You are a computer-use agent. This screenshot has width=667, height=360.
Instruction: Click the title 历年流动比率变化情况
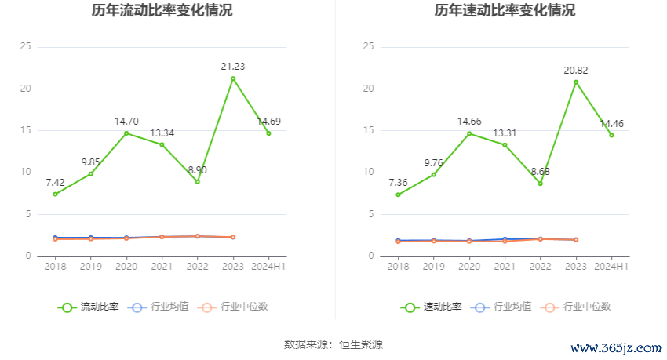(x=162, y=11)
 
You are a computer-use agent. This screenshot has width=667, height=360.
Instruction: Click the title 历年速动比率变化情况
(x=505, y=11)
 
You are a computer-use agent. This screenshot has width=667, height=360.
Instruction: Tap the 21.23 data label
(x=233, y=67)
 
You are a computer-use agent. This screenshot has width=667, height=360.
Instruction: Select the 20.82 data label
(x=576, y=70)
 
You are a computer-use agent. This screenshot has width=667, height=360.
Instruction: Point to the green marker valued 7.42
(x=55, y=194)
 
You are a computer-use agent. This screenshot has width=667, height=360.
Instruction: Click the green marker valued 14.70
(x=126, y=133)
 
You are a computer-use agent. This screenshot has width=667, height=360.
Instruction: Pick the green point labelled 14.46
(x=611, y=135)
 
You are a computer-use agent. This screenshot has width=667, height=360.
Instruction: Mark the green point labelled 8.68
(x=540, y=184)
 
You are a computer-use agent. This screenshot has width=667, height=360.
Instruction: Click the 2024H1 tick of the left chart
(x=269, y=267)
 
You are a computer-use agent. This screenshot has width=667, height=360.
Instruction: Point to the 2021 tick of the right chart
(x=505, y=267)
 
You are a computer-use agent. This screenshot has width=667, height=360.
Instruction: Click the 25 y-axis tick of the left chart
(x=26, y=47)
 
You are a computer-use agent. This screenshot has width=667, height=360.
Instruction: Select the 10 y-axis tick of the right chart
(x=369, y=173)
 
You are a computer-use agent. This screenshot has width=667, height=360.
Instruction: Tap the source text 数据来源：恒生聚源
(x=333, y=344)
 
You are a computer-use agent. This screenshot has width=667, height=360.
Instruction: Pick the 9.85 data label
(x=91, y=162)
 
